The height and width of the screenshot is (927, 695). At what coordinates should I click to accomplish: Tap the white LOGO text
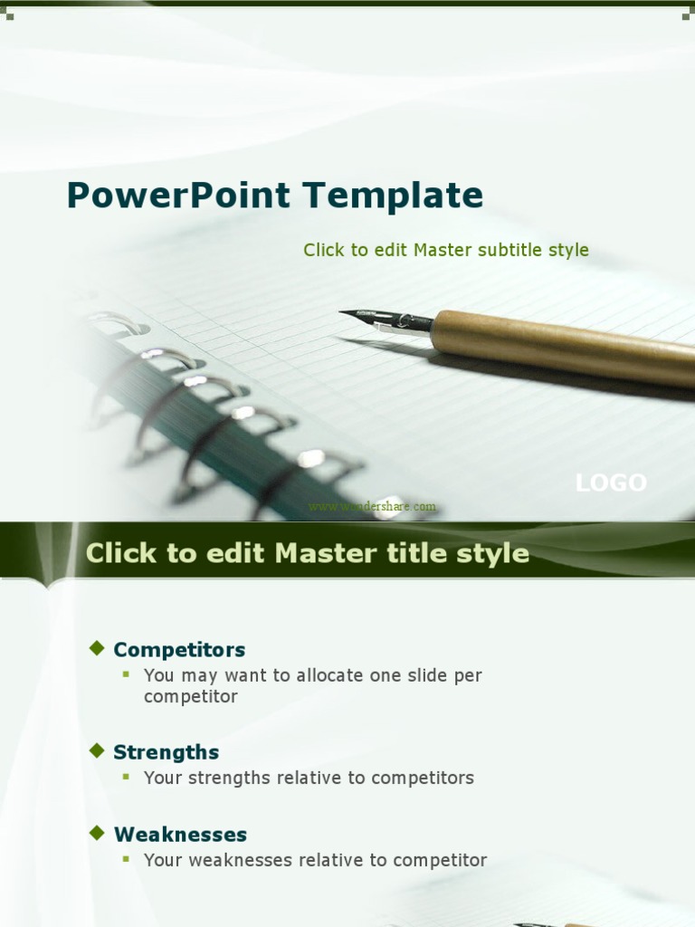coord(611,483)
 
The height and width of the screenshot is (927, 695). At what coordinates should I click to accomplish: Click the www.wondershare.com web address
coord(372,507)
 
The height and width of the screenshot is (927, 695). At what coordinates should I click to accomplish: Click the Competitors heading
coord(179,650)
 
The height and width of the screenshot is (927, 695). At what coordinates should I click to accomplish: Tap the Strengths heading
coord(166,752)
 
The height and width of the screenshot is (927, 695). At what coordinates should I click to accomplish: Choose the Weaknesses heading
coord(180,835)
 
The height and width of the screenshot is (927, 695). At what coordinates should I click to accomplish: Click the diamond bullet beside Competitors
coord(97,647)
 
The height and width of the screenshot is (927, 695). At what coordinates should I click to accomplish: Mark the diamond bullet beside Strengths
coord(97,750)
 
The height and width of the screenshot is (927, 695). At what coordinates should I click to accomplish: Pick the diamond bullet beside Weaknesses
coord(97,832)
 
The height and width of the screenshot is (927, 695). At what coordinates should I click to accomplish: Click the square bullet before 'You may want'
coord(127,674)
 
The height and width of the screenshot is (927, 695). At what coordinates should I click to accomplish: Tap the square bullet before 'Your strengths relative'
coord(127,777)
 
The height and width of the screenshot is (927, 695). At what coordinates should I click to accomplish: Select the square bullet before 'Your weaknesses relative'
coord(127,859)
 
